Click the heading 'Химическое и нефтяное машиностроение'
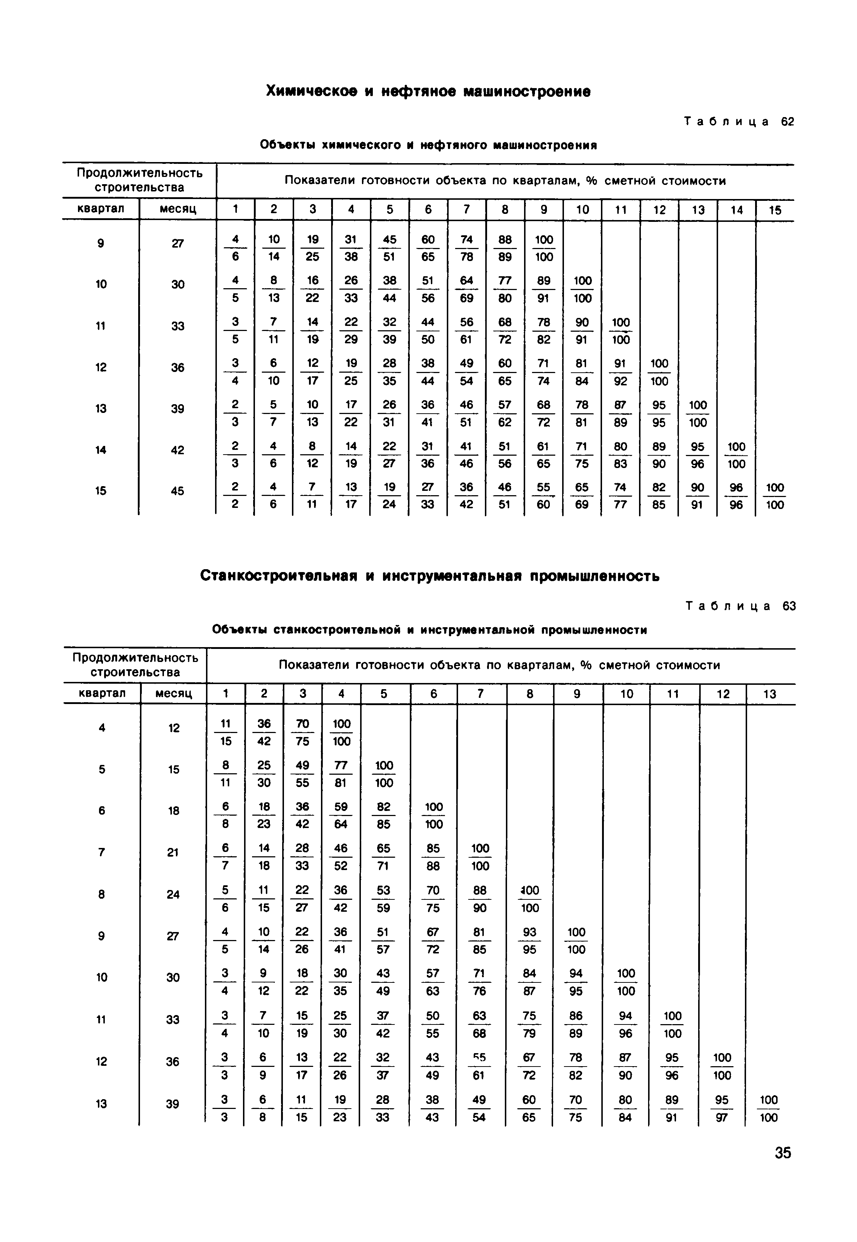(x=429, y=92)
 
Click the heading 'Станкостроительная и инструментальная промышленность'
(x=429, y=576)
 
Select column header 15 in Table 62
(x=774, y=210)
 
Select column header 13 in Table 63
(x=770, y=694)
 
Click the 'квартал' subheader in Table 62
(x=101, y=209)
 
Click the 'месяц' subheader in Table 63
(x=173, y=694)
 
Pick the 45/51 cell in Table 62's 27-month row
(x=389, y=248)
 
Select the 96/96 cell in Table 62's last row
(x=736, y=496)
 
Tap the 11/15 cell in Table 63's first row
(x=226, y=732)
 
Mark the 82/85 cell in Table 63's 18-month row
(x=383, y=815)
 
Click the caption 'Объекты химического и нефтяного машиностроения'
(x=429, y=145)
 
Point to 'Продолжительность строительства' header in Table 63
(x=135, y=665)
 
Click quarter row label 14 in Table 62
(x=101, y=450)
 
